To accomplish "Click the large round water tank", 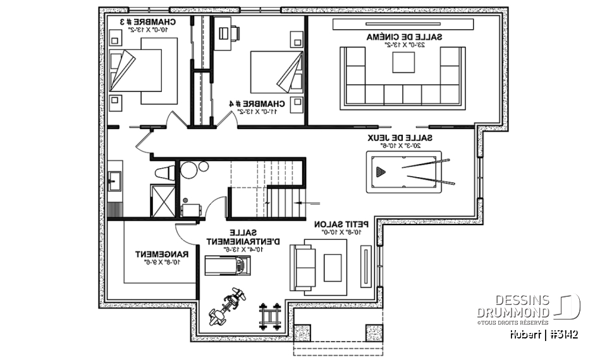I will pos(189,171).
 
